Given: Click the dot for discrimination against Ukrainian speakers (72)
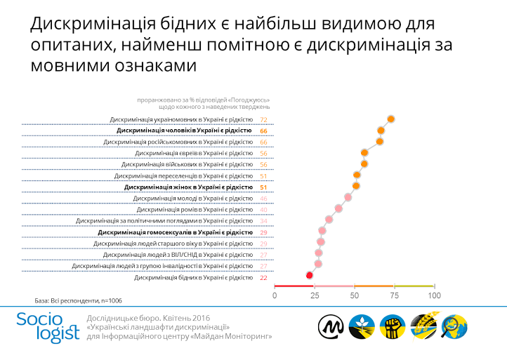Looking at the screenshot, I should pyautogui.click(x=391, y=119).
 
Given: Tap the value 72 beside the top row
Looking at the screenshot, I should pyautogui.click(x=264, y=120).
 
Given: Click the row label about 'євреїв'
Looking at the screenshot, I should pyautogui.click(x=195, y=153).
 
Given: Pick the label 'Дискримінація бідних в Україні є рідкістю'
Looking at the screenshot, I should pyautogui.click(x=193, y=278).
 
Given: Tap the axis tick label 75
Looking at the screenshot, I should pyautogui.click(x=394, y=296).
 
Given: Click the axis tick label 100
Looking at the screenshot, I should pyautogui.click(x=434, y=296).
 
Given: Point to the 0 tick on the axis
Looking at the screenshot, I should pyautogui.click(x=275, y=296).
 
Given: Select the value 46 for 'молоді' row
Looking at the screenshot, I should pyautogui.click(x=264, y=199).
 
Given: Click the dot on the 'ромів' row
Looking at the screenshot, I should pyautogui.click(x=339, y=209).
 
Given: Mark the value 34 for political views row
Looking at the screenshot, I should pyautogui.click(x=264, y=221).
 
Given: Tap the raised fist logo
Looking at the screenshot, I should pyautogui.click(x=393, y=326).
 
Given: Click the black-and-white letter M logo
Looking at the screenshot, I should pyautogui.click(x=331, y=326).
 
